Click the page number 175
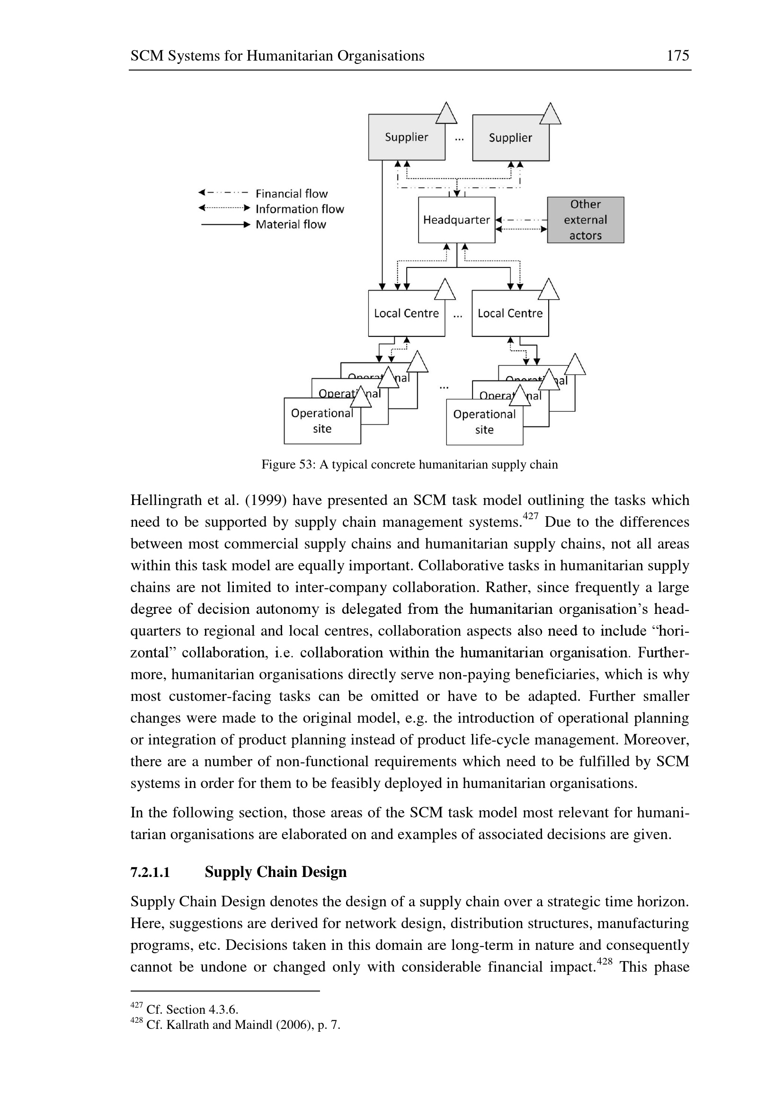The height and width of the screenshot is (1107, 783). (x=677, y=56)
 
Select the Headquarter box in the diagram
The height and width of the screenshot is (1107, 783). (x=456, y=220)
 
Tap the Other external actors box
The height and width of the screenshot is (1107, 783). (x=585, y=220)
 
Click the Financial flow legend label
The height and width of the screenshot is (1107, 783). (x=291, y=194)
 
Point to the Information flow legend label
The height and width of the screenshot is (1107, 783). (x=299, y=209)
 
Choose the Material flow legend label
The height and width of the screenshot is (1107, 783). (x=291, y=225)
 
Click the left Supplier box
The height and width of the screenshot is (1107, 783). (x=406, y=138)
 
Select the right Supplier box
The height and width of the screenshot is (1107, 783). (x=510, y=138)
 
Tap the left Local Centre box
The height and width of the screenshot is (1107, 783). (x=406, y=314)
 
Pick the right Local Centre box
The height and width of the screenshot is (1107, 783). (x=510, y=314)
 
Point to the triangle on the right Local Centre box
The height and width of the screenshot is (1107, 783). (x=549, y=291)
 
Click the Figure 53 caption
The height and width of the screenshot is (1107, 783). (x=409, y=465)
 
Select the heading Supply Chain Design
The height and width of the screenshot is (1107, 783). (x=276, y=872)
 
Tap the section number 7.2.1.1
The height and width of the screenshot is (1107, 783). (x=150, y=873)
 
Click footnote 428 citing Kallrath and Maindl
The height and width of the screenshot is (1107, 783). (x=235, y=1025)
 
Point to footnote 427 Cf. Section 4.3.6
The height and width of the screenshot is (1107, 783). (x=185, y=1009)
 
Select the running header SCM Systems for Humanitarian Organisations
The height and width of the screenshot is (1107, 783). (x=277, y=56)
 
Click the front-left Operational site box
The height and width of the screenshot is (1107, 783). (x=321, y=421)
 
